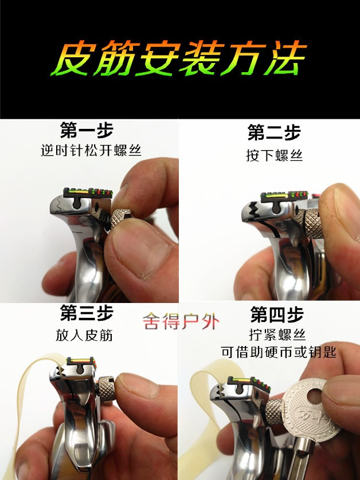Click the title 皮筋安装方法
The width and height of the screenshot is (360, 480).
click(179, 58)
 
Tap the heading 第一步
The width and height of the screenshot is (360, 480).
click(87, 131)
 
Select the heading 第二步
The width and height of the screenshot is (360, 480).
click(274, 132)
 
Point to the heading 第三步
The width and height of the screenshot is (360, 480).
click(87, 313)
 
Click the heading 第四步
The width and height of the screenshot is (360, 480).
click(277, 314)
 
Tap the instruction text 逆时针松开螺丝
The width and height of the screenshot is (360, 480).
click(91, 150)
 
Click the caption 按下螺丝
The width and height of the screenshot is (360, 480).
click(274, 155)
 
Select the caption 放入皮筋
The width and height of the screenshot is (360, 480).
click(84, 335)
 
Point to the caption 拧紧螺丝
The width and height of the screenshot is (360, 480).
click(277, 335)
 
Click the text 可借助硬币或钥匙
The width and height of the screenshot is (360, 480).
click(279, 352)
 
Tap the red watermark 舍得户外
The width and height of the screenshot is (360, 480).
click(181, 321)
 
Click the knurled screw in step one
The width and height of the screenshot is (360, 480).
click(120, 217)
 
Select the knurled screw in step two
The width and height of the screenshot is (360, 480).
click(313, 223)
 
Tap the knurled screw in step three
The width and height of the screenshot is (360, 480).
click(106, 388)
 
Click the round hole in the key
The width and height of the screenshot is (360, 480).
click(315, 396)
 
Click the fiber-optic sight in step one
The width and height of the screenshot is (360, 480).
click(88, 192)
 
